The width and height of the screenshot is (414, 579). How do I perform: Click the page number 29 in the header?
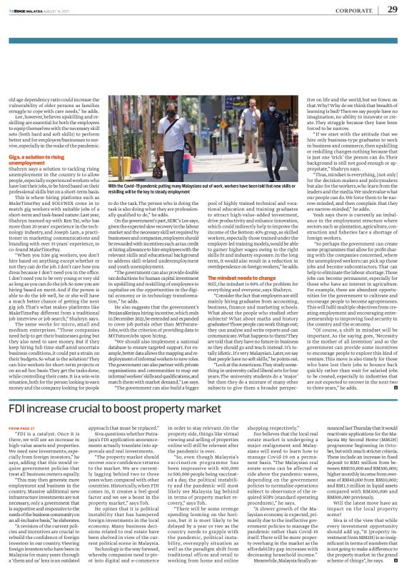pos(393,9)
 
